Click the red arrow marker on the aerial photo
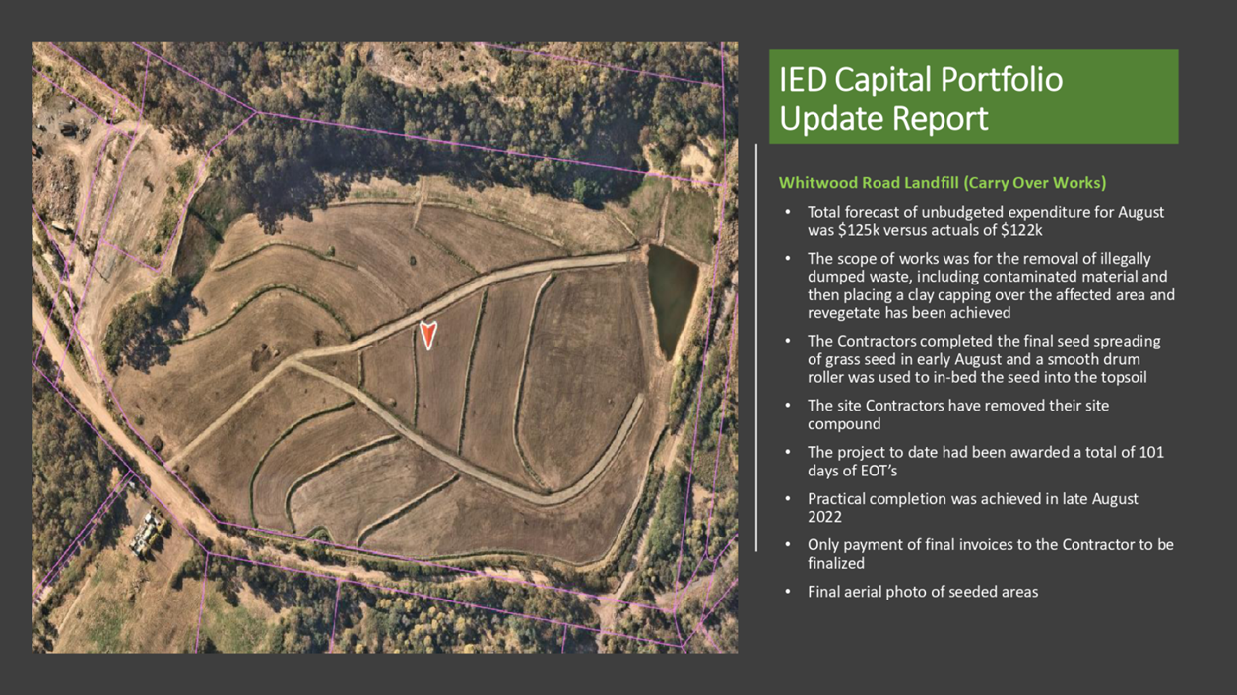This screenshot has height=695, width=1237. (428, 335)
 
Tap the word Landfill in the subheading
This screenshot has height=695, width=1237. (932, 183)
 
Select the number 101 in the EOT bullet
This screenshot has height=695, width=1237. (1151, 452)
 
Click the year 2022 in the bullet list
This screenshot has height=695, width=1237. (825, 517)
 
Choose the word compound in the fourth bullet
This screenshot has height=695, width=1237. (844, 424)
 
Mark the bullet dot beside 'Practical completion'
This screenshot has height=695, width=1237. (788, 499)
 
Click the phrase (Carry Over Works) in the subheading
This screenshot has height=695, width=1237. (1035, 183)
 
